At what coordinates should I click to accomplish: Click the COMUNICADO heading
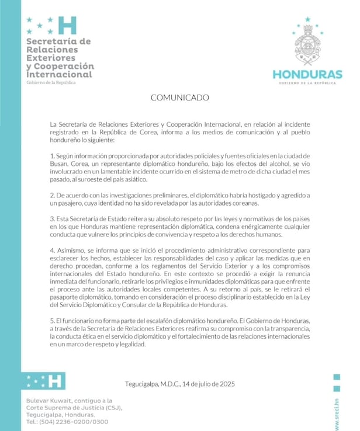pyautogui.click(x=179, y=98)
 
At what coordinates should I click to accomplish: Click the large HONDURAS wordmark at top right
pyautogui.click(x=307, y=74)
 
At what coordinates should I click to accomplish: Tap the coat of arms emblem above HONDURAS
pyautogui.click(x=307, y=44)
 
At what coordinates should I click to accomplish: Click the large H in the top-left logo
pyautogui.click(x=68, y=25)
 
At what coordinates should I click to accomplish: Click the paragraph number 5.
pyautogui.click(x=52, y=322)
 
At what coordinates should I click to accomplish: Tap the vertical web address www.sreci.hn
pyautogui.click(x=337, y=412)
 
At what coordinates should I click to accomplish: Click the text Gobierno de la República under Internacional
pyautogui.click(x=51, y=83)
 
